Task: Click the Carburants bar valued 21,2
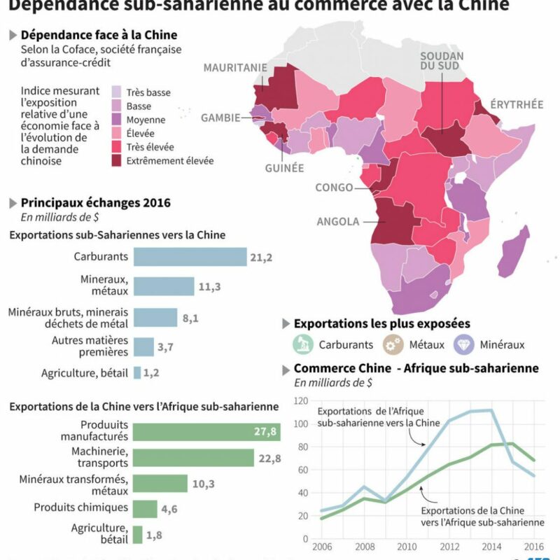pyautogui.click(x=190, y=257)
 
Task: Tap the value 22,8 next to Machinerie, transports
pyautogui.click(x=269, y=458)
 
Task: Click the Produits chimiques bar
pyautogui.click(x=145, y=508)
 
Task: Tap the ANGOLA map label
pyautogui.click(x=337, y=222)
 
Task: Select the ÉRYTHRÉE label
pyautogui.click(x=517, y=104)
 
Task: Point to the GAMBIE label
pyautogui.click(x=221, y=118)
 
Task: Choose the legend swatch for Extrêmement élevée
pyautogui.click(x=117, y=160)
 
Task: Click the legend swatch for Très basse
pyautogui.click(x=117, y=92)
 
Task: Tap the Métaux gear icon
pyautogui.click(x=393, y=344)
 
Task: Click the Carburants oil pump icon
pyautogui.click(x=302, y=344)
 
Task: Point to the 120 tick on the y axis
pyautogui.click(x=301, y=401)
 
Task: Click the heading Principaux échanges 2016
pyautogui.click(x=95, y=203)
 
